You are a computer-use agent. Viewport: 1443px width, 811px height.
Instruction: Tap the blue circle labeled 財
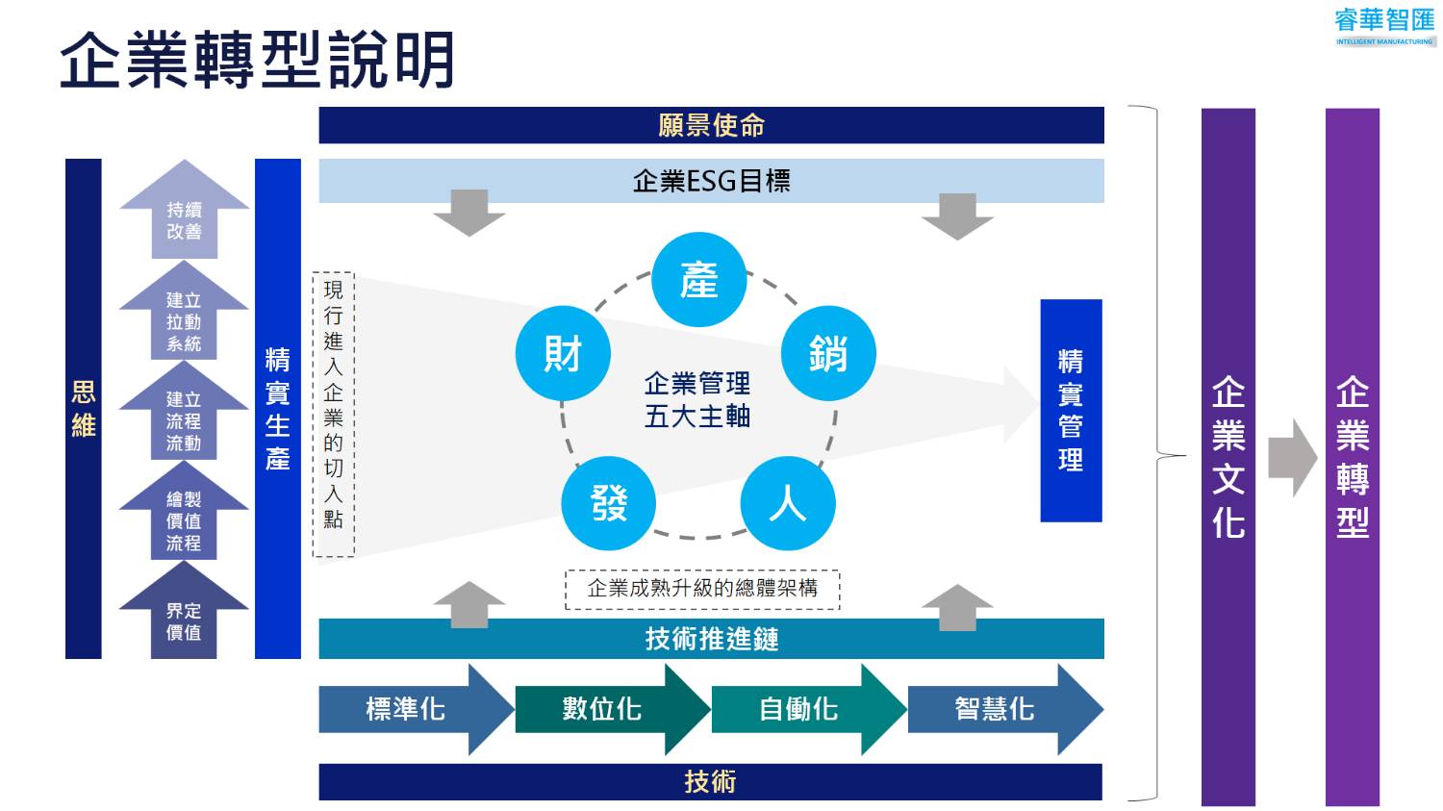coord(563,353)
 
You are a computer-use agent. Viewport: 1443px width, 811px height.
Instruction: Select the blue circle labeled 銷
coord(828,353)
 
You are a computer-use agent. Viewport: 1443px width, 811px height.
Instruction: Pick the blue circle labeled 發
coord(609,503)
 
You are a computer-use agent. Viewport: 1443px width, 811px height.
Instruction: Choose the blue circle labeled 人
coord(788,503)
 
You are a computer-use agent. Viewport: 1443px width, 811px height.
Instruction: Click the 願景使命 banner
coord(711,125)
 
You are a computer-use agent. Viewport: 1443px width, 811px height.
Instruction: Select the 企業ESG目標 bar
coord(711,181)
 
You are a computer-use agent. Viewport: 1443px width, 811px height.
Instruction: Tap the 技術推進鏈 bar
coord(711,639)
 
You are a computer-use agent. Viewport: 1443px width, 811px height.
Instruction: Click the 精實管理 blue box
coord(1071,411)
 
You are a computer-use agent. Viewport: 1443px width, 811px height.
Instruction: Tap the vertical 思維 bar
coord(84,409)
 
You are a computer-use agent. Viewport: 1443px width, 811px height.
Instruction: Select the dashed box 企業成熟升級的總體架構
coord(702,589)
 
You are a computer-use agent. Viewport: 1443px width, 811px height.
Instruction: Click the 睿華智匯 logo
coord(1384,25)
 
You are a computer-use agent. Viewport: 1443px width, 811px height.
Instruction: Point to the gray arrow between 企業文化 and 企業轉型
coord(1291,458)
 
